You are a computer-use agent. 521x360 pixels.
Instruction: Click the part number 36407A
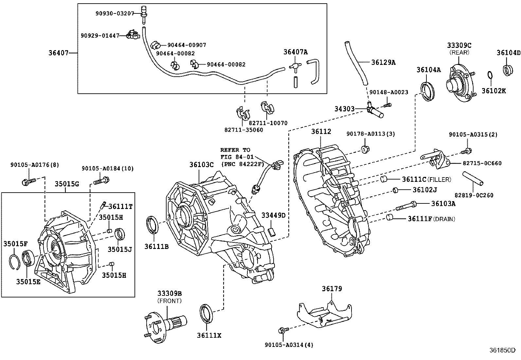pyautogui.click(x=296, y=52)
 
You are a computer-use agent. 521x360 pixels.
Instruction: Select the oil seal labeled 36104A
pyautogui.click(x=427, y=91)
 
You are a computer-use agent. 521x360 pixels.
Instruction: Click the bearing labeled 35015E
pyautogui.click(x=28, y=258)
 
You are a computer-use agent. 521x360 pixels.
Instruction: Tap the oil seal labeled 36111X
pyautogui.click(x=206, y=313)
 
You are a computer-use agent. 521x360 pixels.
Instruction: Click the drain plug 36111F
pyautogui.click(x=389, y=218)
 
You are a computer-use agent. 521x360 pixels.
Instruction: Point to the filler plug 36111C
pyautogui.click(x=384, y=179)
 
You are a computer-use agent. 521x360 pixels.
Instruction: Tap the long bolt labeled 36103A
pyautogui.click(x=406, y=206)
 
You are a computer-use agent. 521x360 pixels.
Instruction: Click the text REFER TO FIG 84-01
pyautogui.click(x=237, y=153)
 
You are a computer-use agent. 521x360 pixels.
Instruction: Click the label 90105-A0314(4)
pyautogui.click(x=289, y=345)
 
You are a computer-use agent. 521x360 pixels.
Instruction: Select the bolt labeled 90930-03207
pyautogui.click(x=144, y=15)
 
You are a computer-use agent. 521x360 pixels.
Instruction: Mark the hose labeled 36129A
pyautogui.click(x=356, y=63)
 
